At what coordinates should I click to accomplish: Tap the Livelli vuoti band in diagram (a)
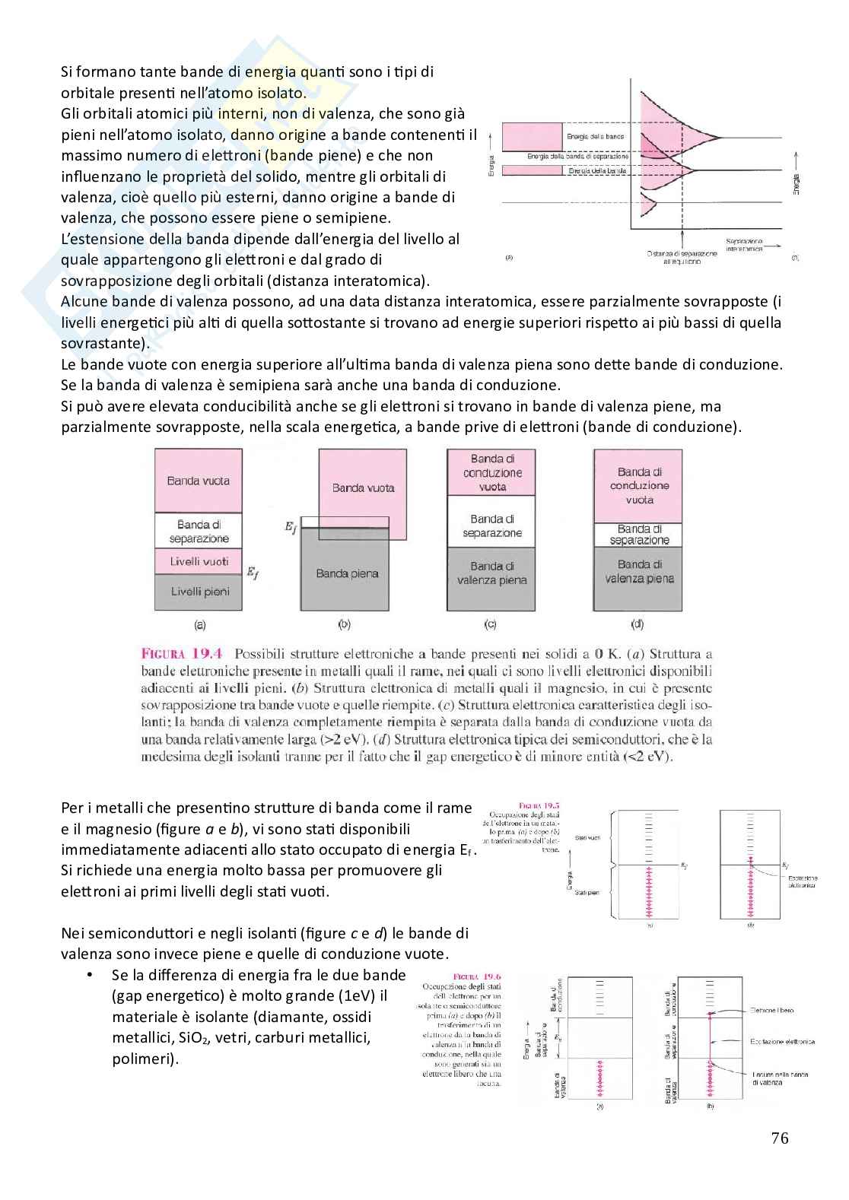[199, 561]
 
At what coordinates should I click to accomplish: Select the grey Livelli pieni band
[199, 592]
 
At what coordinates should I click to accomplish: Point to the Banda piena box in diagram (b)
[347, 573]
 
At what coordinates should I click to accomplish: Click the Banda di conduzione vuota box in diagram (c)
[492, 472]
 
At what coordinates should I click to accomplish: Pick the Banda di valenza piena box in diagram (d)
[639, 571]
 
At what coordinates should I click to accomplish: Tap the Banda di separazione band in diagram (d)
[639, 535]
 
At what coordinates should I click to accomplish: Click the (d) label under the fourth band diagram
[638, 624]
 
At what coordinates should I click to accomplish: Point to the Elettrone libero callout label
[771, 1010]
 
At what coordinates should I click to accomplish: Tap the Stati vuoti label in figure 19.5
[588, 837]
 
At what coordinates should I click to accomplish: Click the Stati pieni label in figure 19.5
[588, 892]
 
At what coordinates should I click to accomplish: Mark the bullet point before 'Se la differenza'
[91, 975]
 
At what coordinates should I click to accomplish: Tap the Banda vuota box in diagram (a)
[199, 481]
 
